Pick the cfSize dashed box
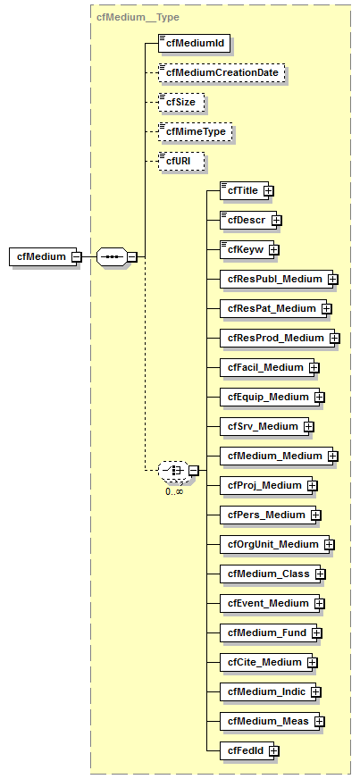(x=181, y=102)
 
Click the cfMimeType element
(x=195, y=132)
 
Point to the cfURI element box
(x=180, y=162)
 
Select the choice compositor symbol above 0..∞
(x=172, y=470)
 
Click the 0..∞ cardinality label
(x=173, y=491)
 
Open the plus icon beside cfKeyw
(x=274, y=249)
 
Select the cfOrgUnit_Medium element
(x=272, y=544)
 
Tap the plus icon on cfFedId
(x=274, y=750)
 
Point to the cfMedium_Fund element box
(x=265, y=632)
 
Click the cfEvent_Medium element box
(x=266, y=603)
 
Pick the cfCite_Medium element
(x=264, y=662)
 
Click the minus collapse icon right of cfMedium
(x=77, y=256)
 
